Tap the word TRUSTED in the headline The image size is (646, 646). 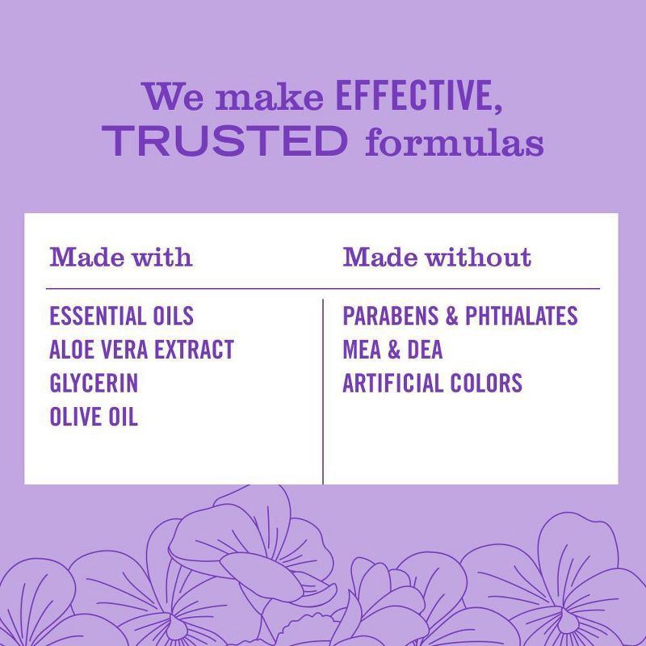click(224, 141)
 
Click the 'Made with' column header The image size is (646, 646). click(121, 258)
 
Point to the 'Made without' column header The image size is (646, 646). click(437, 258)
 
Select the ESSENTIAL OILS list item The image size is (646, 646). click(121, 316)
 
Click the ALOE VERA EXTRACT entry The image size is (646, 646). click(141, 350)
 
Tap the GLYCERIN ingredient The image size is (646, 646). click(94, 383)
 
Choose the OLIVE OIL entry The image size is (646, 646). click(94, 417)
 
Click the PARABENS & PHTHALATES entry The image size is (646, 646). click(459, 316)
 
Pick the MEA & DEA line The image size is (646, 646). click(392, 350)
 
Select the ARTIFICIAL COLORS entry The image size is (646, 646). click(432, 383)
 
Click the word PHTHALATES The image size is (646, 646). click(521, 316)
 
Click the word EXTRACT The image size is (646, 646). click(195, 350)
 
